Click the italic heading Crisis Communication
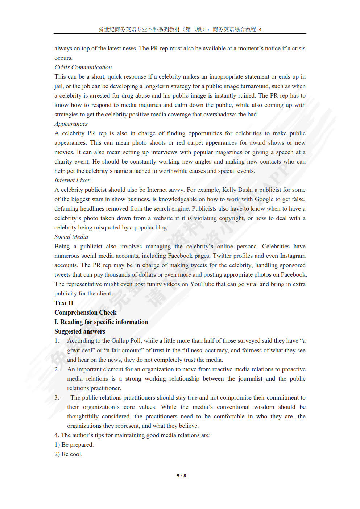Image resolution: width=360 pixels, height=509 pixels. (83, 67)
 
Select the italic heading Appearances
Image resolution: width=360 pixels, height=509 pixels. (71, 124)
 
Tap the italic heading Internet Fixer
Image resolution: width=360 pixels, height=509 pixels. (72, 180)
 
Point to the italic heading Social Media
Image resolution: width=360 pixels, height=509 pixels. (71, 237)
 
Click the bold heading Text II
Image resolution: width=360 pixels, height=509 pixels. (64, 303)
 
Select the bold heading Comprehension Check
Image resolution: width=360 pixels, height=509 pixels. (85, 313)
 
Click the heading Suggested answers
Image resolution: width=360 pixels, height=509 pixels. (80, 331)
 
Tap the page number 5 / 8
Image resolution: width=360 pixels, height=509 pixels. (181, 476)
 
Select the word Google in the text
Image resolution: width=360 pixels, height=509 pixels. (264, 199)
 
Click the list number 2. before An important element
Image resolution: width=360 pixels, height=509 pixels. (57, 369)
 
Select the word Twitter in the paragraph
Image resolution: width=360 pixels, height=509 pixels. (222, 256)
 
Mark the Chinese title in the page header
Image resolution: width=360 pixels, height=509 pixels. (180, 29)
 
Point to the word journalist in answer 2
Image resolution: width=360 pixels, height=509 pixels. (250, 378)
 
